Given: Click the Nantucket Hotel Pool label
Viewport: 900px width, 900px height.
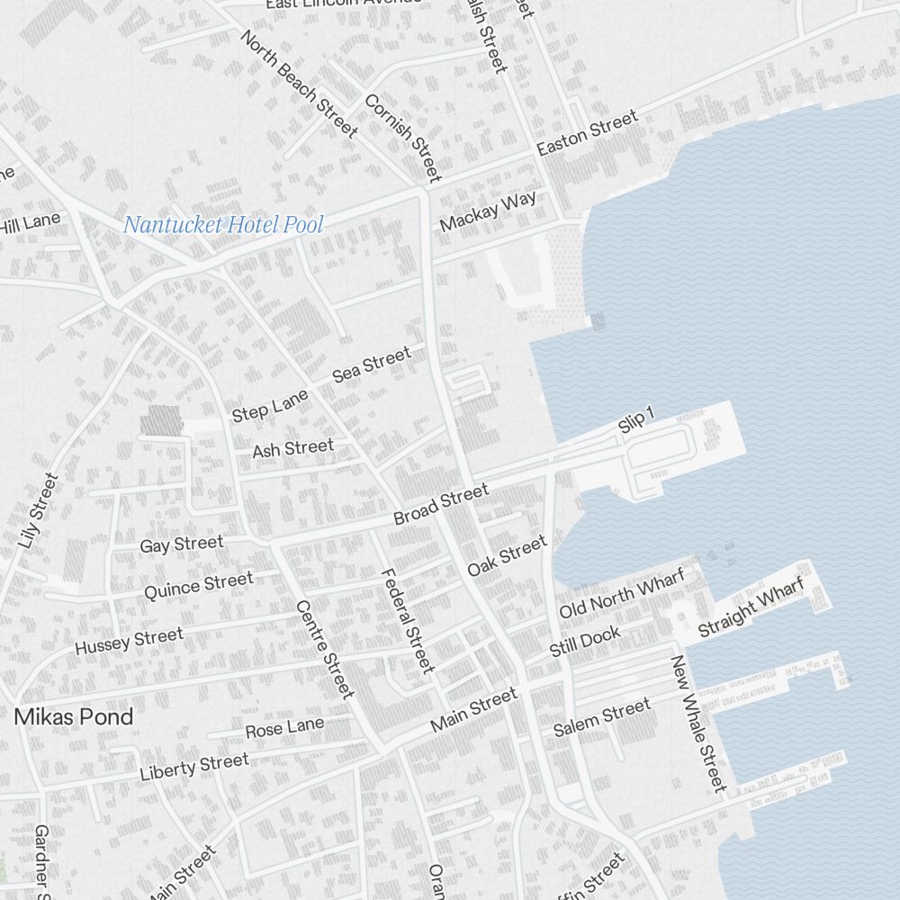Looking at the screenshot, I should click(x=222, y=225).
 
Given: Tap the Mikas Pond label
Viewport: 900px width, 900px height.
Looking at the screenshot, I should click(x=74, y=717).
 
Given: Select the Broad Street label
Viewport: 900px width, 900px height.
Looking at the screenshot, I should click(x=441, y=505).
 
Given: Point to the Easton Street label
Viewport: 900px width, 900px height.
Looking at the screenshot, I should click(x=588, y=133).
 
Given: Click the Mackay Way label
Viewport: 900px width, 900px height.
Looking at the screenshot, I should click(x=488, y=211).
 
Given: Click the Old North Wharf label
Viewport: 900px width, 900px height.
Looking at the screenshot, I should click(x=622, y=593).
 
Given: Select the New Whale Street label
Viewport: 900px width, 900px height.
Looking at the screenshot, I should click(x=698, y=724).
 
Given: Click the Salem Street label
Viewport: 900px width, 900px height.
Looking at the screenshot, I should click(x=601, y=717).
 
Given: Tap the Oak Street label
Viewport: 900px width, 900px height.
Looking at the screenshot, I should click(x=507, y=556).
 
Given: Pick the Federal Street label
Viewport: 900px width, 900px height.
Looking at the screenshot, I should click(x=408, y=620).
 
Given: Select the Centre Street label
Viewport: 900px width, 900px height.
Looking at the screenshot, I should click(x=324, y=649).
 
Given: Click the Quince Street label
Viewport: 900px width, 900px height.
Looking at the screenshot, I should click(x=199, y=586).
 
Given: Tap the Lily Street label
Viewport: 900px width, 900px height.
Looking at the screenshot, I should click(x=37, y=510).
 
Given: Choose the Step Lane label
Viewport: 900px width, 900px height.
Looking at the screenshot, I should click(x=270, y=406).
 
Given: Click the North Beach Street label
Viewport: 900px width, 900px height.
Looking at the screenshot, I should click(x=299, y=83).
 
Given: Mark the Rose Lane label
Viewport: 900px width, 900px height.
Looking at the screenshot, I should click(x=284, y=727).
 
